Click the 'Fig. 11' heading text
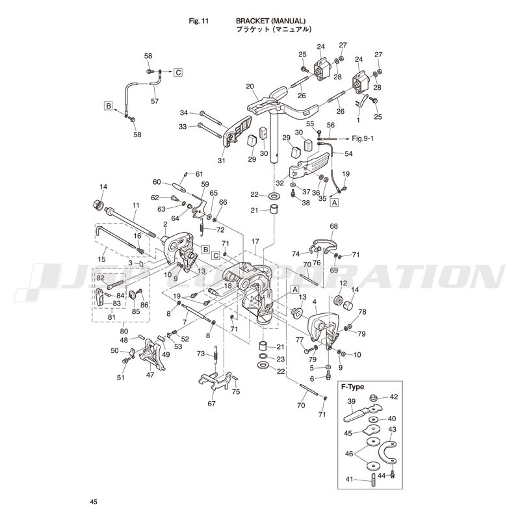pyautogui.click(x=198, y=21)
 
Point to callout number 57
pyautogui.click(x=155, y=101)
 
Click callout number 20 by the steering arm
pyautogui.click(x=250, y=86)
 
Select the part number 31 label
pyautogui.click(x=222, y=161)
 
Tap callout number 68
pyautogui.click(x=334, y=227)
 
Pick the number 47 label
pyautogui.click(x=151, y=374)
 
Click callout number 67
pyautogui.click(x=212, y=404)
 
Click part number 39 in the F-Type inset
pyautogui.click(x=351, y=401)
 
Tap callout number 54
pyautogui.click(x=348, y=154)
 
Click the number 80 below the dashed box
pyautogui.click(x=123, y=331)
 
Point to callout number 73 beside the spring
pyautogui.click(x=201, y=354)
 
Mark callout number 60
pyautogui.click(x=157, y=182)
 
